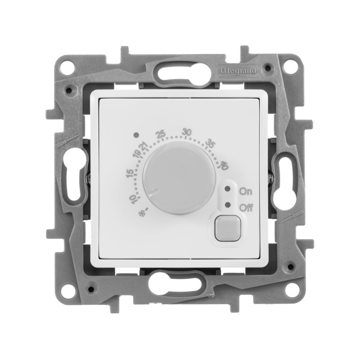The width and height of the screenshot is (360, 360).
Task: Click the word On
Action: pyautogui.click(x=245, y=191)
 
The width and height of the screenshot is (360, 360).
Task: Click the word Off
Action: pyautogui.click(x=245, y=207)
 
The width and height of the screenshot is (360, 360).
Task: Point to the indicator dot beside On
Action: pyautogui.click(x=227, y=188)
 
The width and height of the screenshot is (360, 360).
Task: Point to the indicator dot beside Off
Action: pyautogui.click(x=227, y=205)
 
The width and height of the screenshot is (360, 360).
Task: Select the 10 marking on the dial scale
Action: pyautogui.click(x=132, y=199)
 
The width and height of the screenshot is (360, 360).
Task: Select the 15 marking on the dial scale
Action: pyautogui.click(x=130, y=175)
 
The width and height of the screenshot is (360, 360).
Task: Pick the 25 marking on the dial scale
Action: pyautogui.click(x=160, y=134)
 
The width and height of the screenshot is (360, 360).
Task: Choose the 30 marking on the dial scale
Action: pyautogui.click(x=187, y=133)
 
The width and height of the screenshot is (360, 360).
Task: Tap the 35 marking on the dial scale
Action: pyautogui.click(x=211, y=145)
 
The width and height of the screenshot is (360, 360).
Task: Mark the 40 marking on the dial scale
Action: pyautogui.click(x=224, y=166)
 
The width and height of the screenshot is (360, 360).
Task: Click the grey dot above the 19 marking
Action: pyautogui.click(x=137, y=136)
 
